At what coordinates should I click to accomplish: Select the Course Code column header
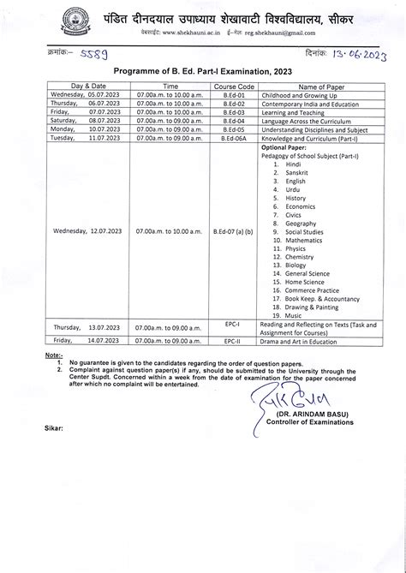pyautogui.click(x=234, y=87)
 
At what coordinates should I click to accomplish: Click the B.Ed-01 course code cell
pyautogui.click(x=234, y=95)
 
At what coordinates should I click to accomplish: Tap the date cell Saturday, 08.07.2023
pyautogui.click(x=84, y=121)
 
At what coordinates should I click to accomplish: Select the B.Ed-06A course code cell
pyautogui.click(x=234, y=138)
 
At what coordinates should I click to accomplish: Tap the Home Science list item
pyautogui.click(x=306, y=282)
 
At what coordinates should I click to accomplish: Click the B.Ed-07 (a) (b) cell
pyautogui.click(x=234, y=231)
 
